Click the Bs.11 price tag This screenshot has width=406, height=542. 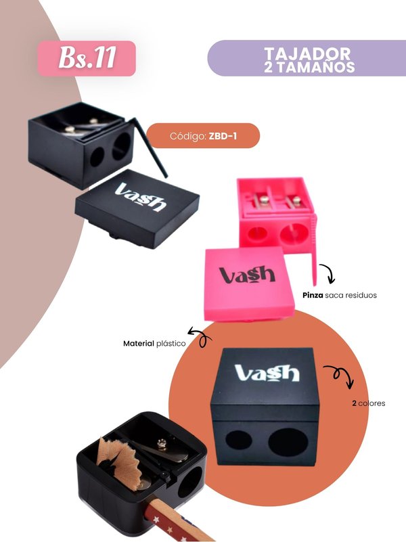[x=87, y=58]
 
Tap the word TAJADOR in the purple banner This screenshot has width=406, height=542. [x=307, y=53]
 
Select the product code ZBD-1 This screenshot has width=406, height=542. [x=223, y=136]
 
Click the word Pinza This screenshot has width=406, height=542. [x=313, y=295]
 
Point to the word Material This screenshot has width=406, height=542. [x=139, y=344]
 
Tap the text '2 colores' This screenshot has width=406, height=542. [x=369, y=403]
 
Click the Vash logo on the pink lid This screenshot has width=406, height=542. [x=248, y=275]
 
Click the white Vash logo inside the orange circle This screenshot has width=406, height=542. [x=267, y=373]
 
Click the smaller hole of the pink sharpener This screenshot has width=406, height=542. [x=257, y=233]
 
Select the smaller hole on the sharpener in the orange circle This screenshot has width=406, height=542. [x=238, y=441]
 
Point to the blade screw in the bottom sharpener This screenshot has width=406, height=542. [x=162, y=443]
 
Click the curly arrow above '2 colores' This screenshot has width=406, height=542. [x=340, y=374]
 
